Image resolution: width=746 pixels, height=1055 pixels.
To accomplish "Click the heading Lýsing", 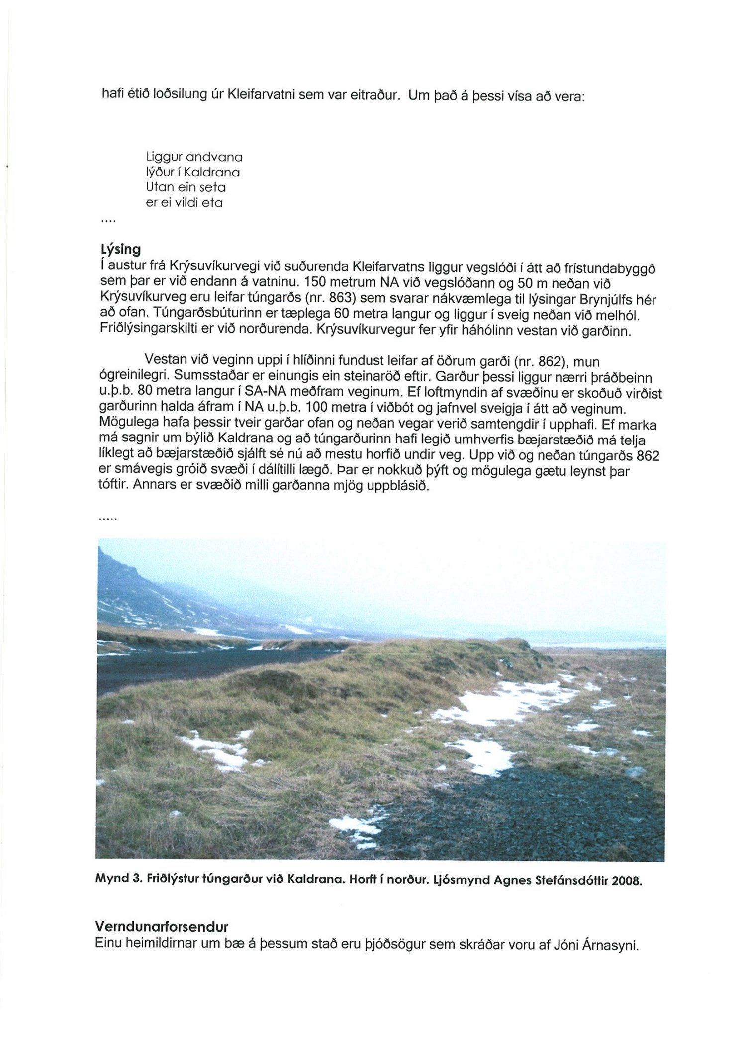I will pyautogui.click(x=120, y=249).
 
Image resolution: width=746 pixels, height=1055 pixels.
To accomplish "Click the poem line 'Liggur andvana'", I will pyautogui.click(x=194, y=157).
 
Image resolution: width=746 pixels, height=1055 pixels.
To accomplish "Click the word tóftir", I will pyautogui.click(x=113, y=484).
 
